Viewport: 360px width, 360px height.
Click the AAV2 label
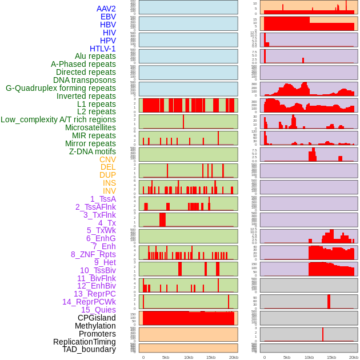pos(106,9)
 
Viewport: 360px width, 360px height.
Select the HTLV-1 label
pos(103,49)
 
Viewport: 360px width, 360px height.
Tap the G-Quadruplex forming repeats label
pos(61,88)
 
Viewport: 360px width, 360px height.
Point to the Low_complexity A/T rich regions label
pos(58,119)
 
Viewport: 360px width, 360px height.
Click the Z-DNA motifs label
pos(93,151)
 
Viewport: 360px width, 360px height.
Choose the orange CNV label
pos(107,159)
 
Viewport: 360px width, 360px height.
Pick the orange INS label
pos(109,183)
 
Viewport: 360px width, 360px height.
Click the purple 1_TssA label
pos(103,199)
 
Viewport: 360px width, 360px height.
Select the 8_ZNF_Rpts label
pos(93,254)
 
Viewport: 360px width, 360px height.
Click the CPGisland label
pos(97,318)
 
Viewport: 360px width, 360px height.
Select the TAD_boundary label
pos(89,349)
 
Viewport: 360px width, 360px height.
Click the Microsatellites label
pos(90,127)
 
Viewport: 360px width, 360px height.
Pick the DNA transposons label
pos(85,80)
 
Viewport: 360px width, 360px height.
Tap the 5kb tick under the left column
pos(166,357)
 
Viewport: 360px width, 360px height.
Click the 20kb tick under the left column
pos(233,357)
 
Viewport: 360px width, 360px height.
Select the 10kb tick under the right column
pos(309,357)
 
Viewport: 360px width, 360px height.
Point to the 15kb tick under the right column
pos(331,357)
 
